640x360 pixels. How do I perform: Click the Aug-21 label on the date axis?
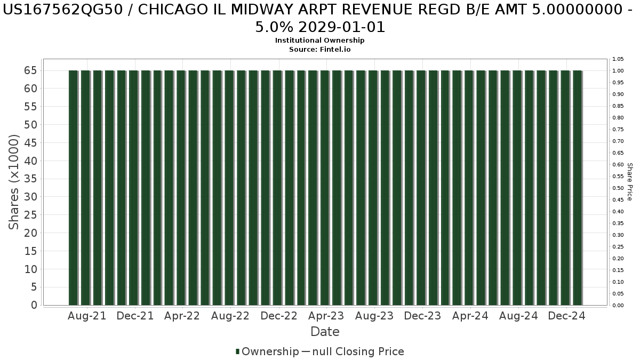87,316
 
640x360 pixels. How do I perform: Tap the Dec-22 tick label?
279,316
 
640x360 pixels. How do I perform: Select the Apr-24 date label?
470,316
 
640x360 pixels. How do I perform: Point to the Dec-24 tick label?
566,316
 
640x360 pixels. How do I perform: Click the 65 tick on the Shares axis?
30,70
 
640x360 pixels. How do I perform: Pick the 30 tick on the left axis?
30,197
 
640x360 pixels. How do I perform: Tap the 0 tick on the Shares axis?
34,305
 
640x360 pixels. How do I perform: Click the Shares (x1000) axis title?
13,182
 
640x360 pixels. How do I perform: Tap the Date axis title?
325,332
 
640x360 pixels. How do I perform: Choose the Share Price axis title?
629,182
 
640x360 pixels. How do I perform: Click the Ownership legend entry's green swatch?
237,351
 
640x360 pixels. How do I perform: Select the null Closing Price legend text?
358,351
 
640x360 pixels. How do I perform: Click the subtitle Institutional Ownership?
319,41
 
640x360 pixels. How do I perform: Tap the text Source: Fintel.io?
319,50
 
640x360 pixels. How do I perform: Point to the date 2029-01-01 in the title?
342,27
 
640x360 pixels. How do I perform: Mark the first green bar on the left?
73,188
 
